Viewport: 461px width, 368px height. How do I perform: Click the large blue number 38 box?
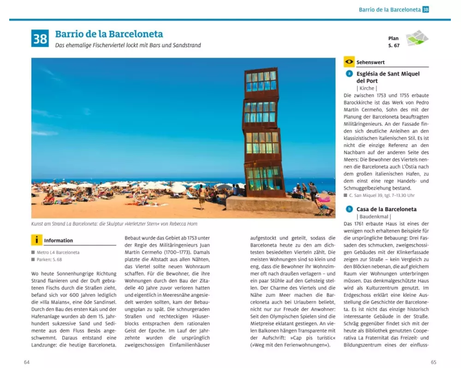click(40, 38)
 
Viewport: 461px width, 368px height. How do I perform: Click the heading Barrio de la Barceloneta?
click(109, 34)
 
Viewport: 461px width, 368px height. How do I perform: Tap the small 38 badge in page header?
click(426, 9)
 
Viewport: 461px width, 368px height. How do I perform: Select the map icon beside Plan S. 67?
click(417, 38)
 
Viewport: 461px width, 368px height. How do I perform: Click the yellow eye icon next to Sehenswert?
click(349, 62)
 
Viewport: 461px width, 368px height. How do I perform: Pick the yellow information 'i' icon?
click(37, 240)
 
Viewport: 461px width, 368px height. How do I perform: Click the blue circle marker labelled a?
click(349, 74)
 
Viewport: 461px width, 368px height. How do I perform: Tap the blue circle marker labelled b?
click(349, 209)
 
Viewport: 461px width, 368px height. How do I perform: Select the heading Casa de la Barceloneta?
click(386, 209)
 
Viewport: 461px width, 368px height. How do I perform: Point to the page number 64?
click(27, 362)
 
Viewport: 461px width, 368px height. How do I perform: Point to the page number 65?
click(433, 362)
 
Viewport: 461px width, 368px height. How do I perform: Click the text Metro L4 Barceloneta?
click(58, 253)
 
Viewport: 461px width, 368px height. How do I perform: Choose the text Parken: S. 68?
click(51, 260)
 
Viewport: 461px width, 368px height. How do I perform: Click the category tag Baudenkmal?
click(373, 217)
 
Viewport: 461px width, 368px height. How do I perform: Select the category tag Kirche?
click(366, 88)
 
